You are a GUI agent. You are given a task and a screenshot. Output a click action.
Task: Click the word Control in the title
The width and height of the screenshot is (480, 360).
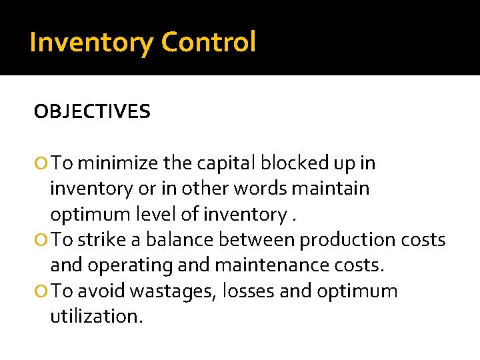click(208, 43)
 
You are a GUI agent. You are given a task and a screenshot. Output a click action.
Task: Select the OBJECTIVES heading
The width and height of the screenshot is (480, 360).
click(92, 112)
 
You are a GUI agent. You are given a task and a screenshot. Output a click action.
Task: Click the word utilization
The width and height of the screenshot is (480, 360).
click(96, 317)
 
